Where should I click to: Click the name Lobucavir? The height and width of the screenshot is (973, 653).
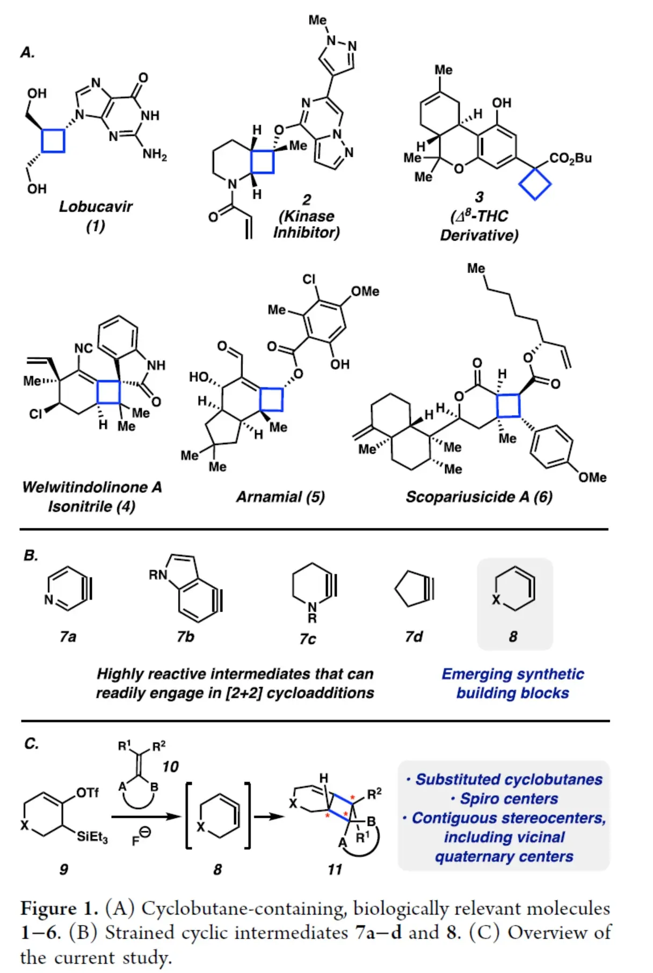pos(96,207)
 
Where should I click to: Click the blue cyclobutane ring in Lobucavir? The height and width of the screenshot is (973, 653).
pos(53,141)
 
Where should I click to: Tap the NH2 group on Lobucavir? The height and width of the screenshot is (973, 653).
pos(154,155)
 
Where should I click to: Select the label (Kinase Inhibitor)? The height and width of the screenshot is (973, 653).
pos(306,224)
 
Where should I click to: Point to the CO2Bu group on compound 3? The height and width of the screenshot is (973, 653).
pos(570,158)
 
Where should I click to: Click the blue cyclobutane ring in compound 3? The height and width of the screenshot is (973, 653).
pos(534,184)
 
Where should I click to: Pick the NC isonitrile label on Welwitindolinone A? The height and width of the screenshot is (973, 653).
pos(83,348)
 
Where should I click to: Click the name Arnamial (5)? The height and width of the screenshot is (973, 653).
pos(280,497)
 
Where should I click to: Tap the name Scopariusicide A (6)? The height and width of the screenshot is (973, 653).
pos(478,497)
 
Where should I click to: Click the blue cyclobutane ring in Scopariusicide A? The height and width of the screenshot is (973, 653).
pos(508,405)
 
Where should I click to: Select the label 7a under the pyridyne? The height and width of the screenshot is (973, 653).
pos(68,637)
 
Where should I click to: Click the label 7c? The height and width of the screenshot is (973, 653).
pos(308,638)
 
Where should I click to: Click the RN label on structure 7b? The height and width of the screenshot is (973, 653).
pos(158,575)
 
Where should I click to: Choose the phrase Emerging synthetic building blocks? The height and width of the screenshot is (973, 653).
pos(512,684)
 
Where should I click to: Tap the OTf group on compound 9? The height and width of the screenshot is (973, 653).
pos(88,793)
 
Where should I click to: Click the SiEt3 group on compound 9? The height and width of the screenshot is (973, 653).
pos(92,837)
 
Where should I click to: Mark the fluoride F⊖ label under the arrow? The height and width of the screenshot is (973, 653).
pos(141,837)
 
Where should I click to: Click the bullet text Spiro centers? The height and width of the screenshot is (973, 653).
pos(504,799)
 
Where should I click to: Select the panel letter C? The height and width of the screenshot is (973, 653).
pos(31,744)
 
